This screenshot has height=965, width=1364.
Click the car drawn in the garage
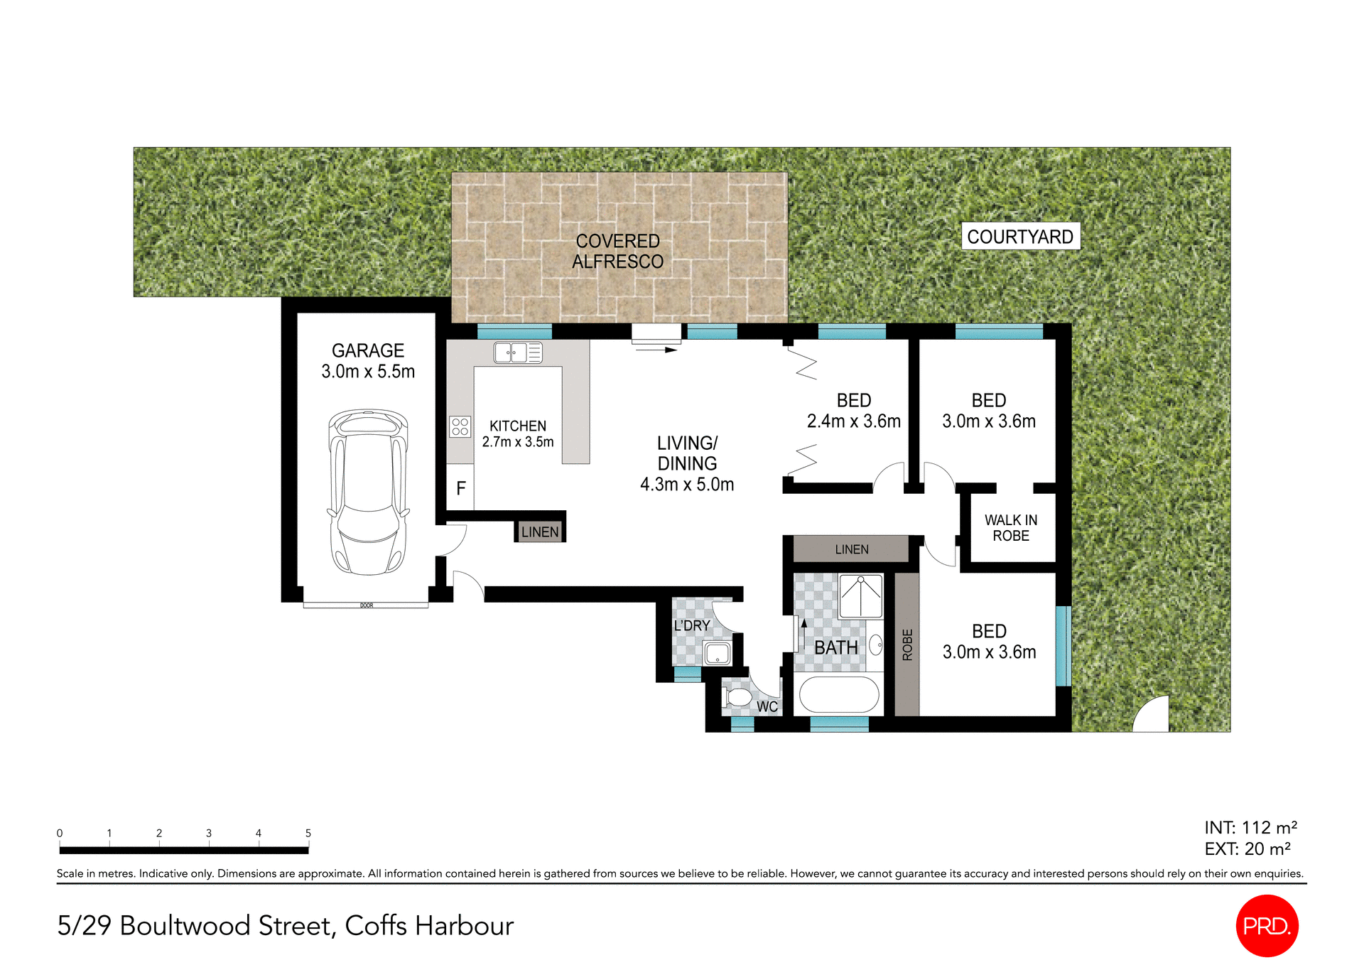[367, 492]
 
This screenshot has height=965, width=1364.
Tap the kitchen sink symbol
[518, 352]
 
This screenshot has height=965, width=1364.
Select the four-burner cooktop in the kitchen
[460, 426]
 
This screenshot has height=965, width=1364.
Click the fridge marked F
[460, 487]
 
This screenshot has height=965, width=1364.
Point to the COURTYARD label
[1020, 237]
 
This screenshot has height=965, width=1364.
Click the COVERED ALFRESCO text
[617, 252]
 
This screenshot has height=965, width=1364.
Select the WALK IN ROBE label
[1010, 528]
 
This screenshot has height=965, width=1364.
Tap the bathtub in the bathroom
[839, 694]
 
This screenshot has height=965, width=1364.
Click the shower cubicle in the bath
[860, 595]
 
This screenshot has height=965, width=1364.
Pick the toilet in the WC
[737, 697]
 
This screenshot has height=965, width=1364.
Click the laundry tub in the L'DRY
[717, 652]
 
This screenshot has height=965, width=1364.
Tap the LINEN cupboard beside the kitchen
[540, 532]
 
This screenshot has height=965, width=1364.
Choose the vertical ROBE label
[906, 645]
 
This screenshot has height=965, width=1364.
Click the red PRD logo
[1267, 926]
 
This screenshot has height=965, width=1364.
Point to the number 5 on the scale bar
[308, 833]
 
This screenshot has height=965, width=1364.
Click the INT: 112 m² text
[1250, 828]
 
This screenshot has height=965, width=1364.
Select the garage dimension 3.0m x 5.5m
[367, 372]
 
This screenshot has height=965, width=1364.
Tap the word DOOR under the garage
[366, 605]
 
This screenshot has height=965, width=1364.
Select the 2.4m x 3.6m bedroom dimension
[853, 421]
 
